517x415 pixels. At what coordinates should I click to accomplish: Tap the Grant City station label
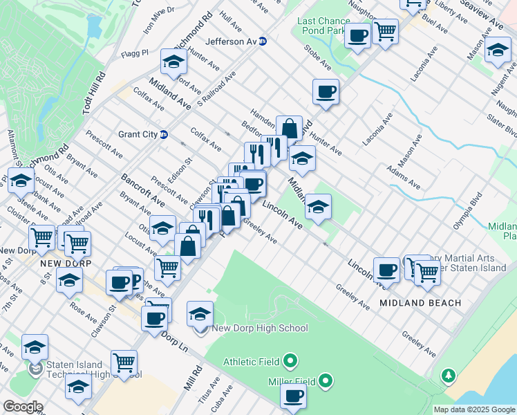138,134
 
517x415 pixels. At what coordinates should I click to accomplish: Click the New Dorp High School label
259,329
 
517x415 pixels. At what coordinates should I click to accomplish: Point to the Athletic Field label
252,361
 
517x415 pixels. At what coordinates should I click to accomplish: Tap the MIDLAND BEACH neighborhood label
420,304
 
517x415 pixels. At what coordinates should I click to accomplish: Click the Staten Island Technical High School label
93,370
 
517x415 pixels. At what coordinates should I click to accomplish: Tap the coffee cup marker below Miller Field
293,397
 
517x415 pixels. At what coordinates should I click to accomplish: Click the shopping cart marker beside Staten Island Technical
124,362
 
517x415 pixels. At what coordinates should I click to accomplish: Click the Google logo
23,407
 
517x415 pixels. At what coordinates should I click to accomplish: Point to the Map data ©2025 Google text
473,409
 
